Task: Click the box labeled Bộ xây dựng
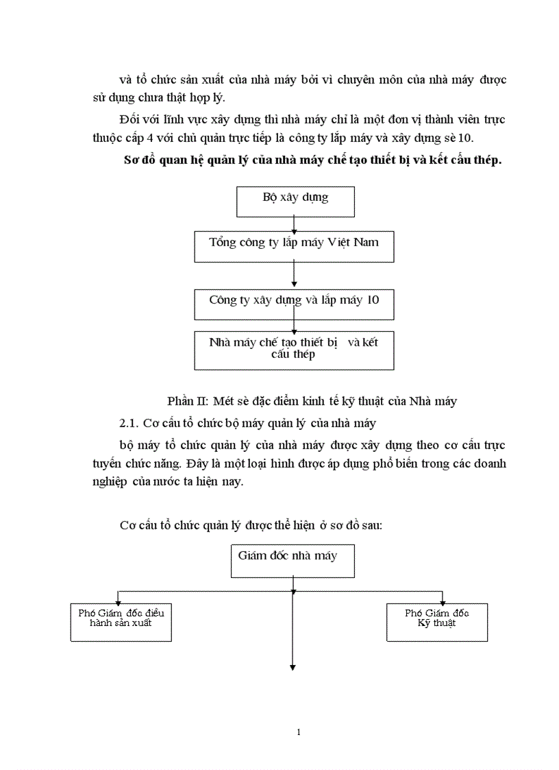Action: tap(295, 201)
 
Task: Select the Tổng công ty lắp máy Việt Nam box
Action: tap(294, 246)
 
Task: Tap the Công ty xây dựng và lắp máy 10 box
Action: tap(294, 304)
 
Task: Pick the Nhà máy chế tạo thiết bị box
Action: tap(294, 350)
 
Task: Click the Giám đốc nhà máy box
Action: tap(293, 561)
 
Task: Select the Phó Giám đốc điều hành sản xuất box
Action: tap(121, 621)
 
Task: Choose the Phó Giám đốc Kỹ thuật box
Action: tap(436, 621)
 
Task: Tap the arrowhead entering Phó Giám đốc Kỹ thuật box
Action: tap(443, 601)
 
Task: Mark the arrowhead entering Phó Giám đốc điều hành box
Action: tap(119, 601)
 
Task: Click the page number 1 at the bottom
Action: tap(299, 732)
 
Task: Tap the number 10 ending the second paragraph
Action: tap(477, 138)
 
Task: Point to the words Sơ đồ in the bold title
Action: tap(136, 161)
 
